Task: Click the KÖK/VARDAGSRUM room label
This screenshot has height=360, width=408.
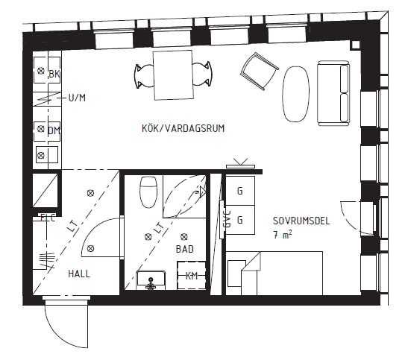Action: click(x=183, y=128)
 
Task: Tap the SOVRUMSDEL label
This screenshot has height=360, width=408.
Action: click(x=301, y=221)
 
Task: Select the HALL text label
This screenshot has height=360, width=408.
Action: click(x=79, y=274)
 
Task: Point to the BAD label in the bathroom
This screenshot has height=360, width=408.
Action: click(x=185, y=249)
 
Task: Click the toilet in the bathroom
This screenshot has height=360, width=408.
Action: click(x=148, y=192)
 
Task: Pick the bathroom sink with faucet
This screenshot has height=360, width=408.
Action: click(x=151, y=280)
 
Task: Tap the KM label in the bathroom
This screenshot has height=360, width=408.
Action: click(x=192, y=276)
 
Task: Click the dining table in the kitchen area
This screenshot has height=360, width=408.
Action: click(x=174, y=75)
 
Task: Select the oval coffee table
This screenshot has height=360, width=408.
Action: click(x=296, y=94)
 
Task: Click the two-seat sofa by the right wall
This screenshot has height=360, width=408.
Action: click(x=333, y=93)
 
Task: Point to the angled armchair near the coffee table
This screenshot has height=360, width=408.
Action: click(x=259, y=72)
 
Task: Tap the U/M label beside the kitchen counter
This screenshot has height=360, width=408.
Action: click(x=77, y=98)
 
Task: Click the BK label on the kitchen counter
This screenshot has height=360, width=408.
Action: click(x=54, y=74)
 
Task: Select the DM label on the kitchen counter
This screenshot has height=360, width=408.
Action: click(x=54, y=130)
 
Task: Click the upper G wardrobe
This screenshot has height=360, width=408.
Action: click(x=240, y=191)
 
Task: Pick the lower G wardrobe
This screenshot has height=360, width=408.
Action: click(x=240, y=220)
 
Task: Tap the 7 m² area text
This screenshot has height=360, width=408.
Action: click(x=283, y=235)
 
